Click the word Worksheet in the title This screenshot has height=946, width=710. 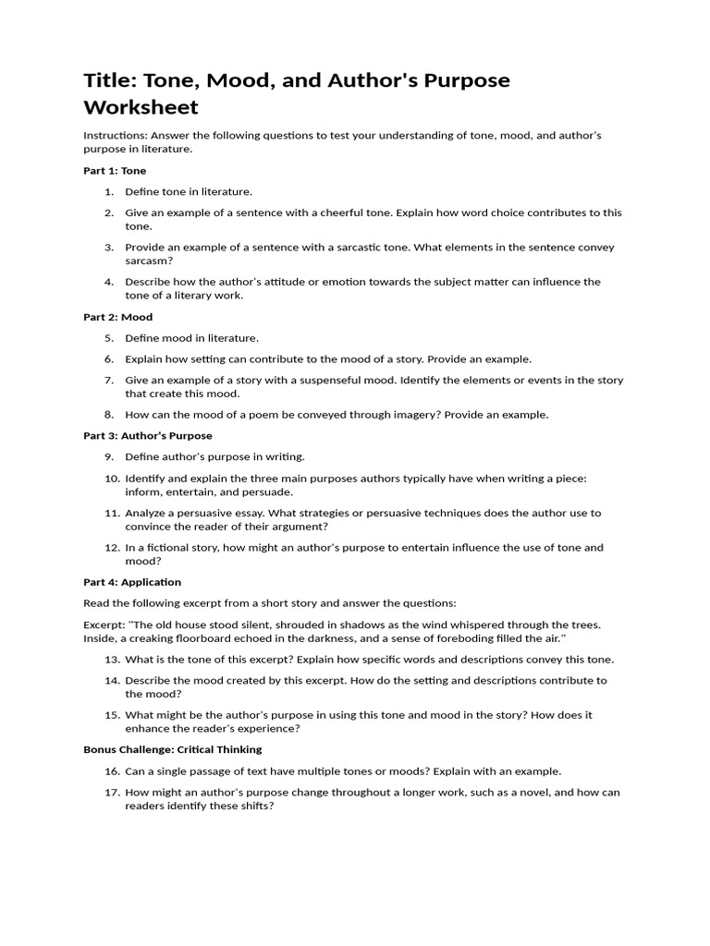pos(141,106)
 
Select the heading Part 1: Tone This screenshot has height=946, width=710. pos(115,171)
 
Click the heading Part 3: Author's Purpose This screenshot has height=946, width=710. pos(148,435)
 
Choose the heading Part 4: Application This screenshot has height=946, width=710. pos(132,582)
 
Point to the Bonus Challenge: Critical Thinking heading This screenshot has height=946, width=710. pos(173,749)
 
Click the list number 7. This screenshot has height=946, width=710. pos(108,381)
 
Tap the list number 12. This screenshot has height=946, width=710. pos(111,548)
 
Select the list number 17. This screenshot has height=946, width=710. pos(111,792)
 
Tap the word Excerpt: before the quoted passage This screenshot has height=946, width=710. pos(104,625)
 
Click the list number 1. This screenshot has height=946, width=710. pos(108,191)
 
